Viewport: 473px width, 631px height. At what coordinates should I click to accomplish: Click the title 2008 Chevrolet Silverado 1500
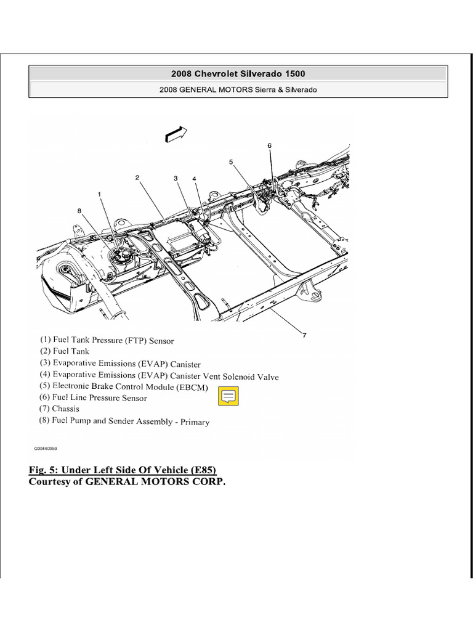[x=238, y=73]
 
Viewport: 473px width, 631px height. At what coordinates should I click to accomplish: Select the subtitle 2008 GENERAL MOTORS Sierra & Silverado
[x=238, y=89]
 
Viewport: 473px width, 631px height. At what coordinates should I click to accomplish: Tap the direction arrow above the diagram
[x=176, y=134]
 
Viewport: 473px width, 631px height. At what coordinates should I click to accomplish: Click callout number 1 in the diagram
[x=99, y=194]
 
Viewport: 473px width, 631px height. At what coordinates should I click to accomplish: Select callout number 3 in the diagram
[x=176, y=179]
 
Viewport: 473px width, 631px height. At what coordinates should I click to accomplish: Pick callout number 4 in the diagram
[x=194, y=179]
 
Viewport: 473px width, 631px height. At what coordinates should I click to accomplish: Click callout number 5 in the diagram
[x=231, y=162]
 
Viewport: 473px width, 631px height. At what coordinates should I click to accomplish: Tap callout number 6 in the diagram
[x=269, y=145]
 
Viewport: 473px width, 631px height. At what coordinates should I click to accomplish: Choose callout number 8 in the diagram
[x=79, y=210]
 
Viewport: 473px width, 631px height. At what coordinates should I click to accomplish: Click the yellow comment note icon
[x=228, y=396]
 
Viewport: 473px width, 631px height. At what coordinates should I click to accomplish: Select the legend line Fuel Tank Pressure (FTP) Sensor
[x=107, y=340]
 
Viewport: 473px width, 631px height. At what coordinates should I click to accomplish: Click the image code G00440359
[x=50, y=449]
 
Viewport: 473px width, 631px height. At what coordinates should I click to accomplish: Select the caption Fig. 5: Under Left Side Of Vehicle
[x=123, y=470]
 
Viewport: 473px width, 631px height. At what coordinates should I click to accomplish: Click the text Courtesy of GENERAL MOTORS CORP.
[x=127, y=481]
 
